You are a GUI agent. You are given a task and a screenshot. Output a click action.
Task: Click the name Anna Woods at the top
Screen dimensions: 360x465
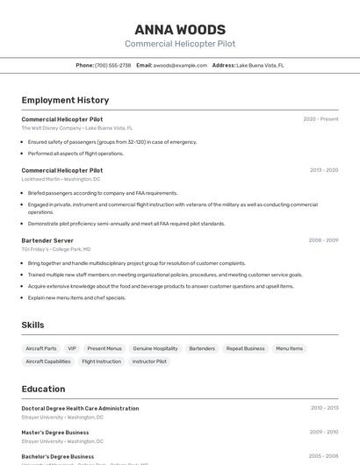click(180, 30)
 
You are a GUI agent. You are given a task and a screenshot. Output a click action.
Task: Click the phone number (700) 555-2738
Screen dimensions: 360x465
click(112, 65)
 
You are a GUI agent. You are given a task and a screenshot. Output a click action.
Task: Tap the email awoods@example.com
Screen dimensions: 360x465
click(180, 65)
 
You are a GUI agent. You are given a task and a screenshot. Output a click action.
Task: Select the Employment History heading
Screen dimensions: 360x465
click(65, 100)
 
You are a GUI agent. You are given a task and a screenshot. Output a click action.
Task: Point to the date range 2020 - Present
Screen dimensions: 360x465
click(320, 119)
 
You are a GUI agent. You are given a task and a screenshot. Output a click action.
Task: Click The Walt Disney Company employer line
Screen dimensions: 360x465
click(76, 128)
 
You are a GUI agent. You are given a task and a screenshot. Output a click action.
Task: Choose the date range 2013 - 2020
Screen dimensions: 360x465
click(323, 170)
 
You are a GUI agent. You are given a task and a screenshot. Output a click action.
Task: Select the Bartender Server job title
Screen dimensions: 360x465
click(47, 240)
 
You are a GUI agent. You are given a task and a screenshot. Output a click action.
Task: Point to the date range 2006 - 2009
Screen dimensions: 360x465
click(323, 240)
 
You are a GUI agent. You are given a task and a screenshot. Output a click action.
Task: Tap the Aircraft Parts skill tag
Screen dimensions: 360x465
click(41, 348)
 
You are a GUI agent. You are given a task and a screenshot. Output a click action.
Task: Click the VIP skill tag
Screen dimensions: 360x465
click(72, 348)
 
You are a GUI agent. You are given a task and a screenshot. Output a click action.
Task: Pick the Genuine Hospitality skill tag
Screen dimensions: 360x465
click(155, 348)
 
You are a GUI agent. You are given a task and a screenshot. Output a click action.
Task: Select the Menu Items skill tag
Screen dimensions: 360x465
click(289, 348)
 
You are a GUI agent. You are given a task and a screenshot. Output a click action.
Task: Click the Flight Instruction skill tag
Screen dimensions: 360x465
click(102, 361)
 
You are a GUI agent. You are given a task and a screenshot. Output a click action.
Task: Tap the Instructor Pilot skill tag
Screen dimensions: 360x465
click(149, 361)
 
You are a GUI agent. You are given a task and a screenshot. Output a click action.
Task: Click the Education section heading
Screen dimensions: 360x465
click(43, 389)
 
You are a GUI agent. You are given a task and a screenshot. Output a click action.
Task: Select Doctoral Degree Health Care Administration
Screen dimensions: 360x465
click(80, 408)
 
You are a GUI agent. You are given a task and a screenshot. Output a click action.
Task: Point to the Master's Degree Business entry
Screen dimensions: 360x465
click(55, 432)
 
